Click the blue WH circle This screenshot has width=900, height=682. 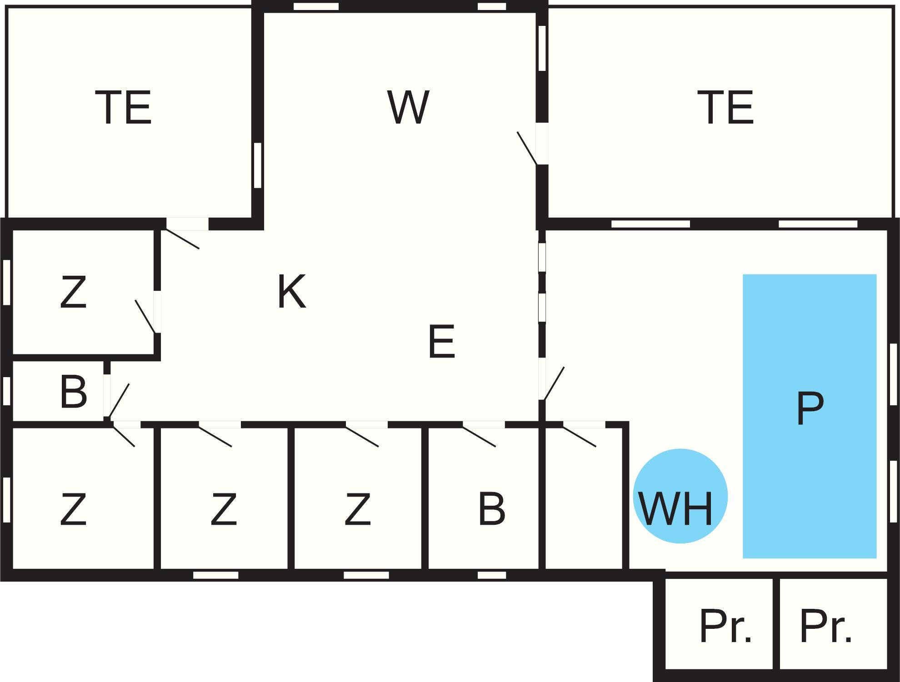pos(680,496)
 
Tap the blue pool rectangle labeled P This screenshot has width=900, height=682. pos(810,416)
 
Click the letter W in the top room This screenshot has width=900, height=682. pos(408,107)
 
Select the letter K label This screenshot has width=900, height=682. pos(292,292)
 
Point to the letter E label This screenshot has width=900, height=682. pos(441,341)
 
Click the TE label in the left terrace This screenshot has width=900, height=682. pos(123,107)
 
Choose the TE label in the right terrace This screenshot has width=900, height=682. pos(725,107)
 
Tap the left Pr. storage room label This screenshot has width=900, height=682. pos(725,627)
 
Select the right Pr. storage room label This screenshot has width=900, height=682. pos(825,627)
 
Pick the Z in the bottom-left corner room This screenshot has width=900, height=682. pos(73,510)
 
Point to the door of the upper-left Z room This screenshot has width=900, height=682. pos(145,316)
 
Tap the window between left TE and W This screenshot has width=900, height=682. pos(258,165)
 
